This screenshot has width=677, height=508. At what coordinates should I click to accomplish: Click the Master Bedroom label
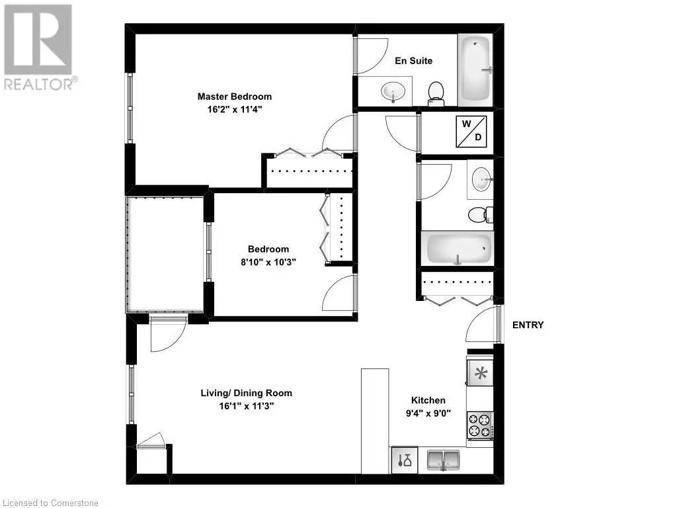235,97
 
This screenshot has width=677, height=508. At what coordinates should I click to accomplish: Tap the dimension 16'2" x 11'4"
235,109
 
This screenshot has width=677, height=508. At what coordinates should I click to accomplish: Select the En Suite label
414,61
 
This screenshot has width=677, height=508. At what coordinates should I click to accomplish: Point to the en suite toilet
436,93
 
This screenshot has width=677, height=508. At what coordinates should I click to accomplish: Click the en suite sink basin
393,91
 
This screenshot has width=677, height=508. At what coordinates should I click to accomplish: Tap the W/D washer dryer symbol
471,131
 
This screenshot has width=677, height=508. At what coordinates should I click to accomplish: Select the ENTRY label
528,325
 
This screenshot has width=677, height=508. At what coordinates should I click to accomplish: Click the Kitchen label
428,400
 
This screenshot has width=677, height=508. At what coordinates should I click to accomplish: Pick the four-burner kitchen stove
480,425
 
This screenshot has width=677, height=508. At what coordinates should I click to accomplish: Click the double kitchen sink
443,460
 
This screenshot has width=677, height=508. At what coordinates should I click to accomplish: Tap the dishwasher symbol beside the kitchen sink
405,460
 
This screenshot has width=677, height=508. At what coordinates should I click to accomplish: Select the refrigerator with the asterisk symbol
480,372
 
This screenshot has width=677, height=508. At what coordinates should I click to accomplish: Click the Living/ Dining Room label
246,393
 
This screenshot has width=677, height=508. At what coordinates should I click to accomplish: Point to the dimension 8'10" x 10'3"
268,262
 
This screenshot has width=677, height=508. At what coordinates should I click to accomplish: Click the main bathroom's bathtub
458,249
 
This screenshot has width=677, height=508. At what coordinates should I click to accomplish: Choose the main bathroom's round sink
481,179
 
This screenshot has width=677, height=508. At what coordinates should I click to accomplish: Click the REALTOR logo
39,48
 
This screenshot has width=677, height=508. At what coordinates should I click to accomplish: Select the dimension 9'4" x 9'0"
428,413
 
